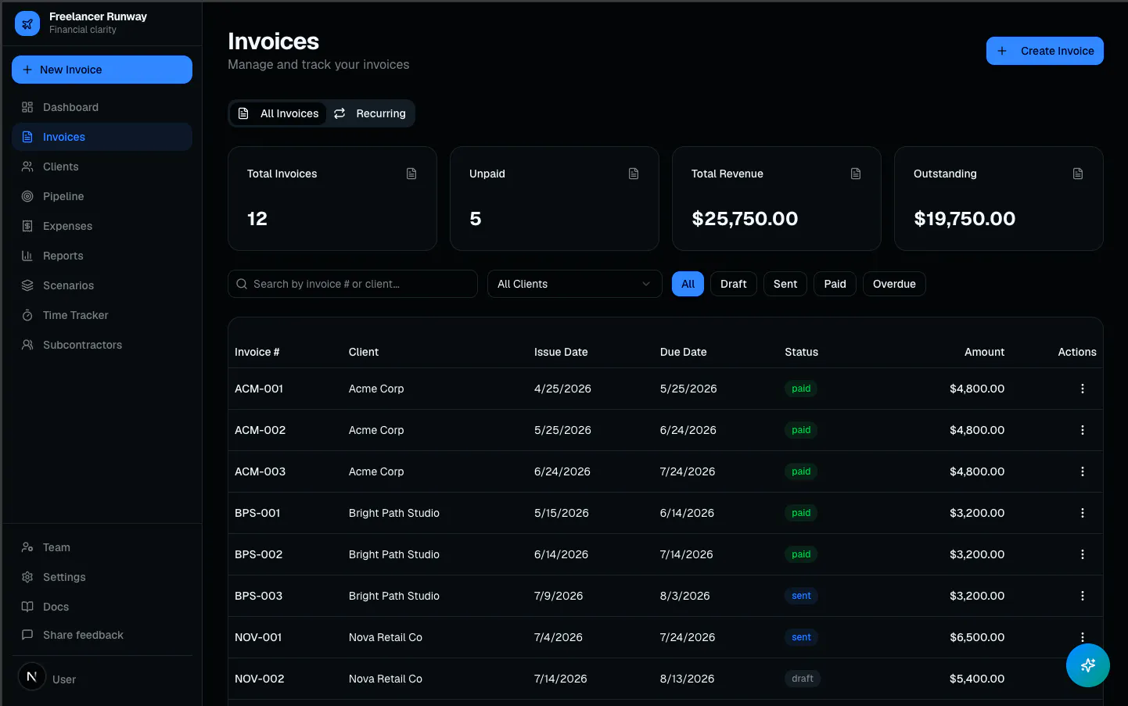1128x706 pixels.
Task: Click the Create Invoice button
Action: tap(1044, 51)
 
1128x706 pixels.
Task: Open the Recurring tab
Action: tap(370, 113)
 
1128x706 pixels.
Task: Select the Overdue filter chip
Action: tap(894, 284)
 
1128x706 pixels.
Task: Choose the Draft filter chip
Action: tap(733, 284)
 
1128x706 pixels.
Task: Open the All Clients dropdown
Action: tap(574, 284)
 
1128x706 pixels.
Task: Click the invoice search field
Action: tap(353, 284)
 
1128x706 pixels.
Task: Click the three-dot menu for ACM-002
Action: tap(1082, 430)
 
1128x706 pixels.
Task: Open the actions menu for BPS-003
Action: tap(1082, 595)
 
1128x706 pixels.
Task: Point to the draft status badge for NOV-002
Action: tap(802, 679)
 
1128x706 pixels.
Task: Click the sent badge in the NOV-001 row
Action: tap(801, 637)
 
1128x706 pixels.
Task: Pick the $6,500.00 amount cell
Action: tap(977, 637)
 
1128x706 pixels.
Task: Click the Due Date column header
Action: tap(683, 352)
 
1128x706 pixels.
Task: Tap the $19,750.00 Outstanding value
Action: tap(965, 218)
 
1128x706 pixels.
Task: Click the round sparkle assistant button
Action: tap(1087, 665)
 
